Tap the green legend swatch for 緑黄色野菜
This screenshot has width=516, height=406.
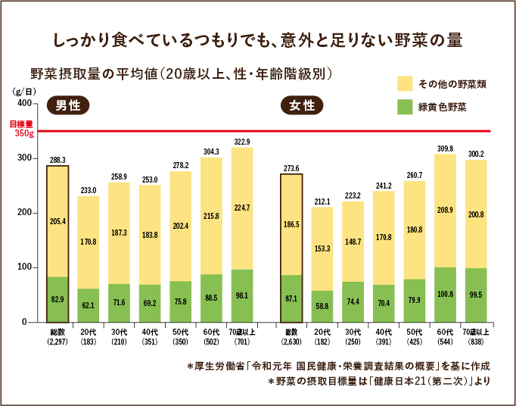click(x=406, y=106)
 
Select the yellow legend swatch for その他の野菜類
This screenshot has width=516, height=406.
click(x=406, y=83)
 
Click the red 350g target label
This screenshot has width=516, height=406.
click(x=24, y=133)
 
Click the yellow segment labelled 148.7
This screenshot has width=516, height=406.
click(x=353, y=242)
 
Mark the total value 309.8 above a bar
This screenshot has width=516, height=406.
click(x=445, y=148)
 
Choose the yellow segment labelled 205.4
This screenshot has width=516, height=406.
click(x=58, y=221)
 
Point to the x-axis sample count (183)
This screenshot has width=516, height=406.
click(x=88, y=341)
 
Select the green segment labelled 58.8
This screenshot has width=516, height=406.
click(x=322, y=306)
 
